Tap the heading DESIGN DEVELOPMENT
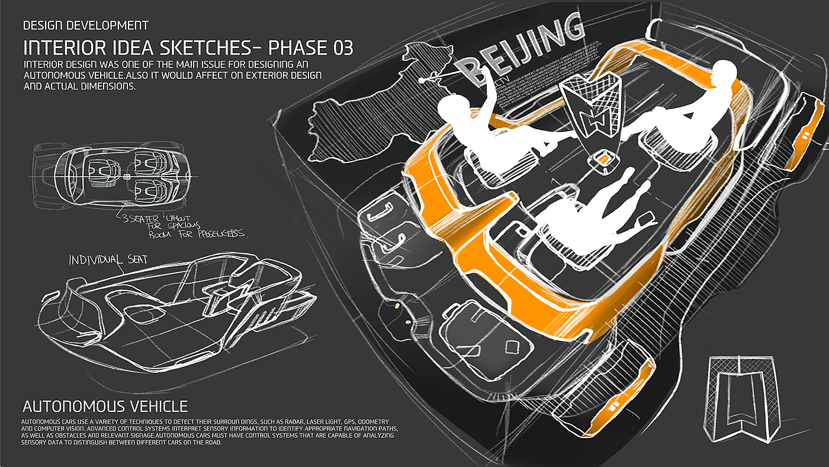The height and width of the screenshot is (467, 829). (85, 25)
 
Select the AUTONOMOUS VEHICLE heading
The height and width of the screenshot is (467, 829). (105, 407)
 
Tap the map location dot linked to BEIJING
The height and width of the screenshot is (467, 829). (420, 80)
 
